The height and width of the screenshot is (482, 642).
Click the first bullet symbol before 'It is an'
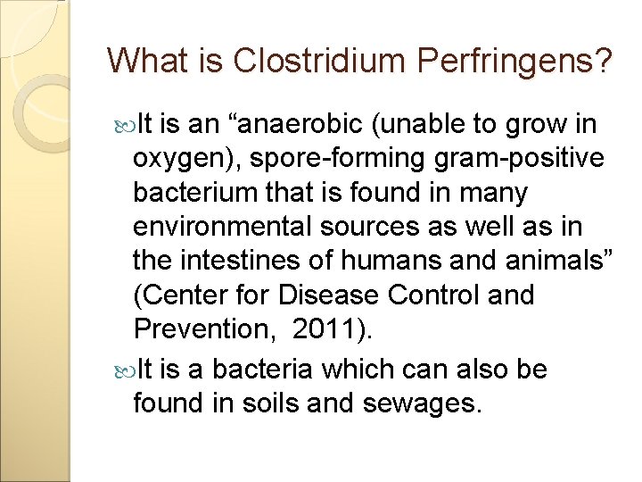click(121, 124)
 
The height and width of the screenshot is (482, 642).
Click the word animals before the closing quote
click(553, 261)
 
